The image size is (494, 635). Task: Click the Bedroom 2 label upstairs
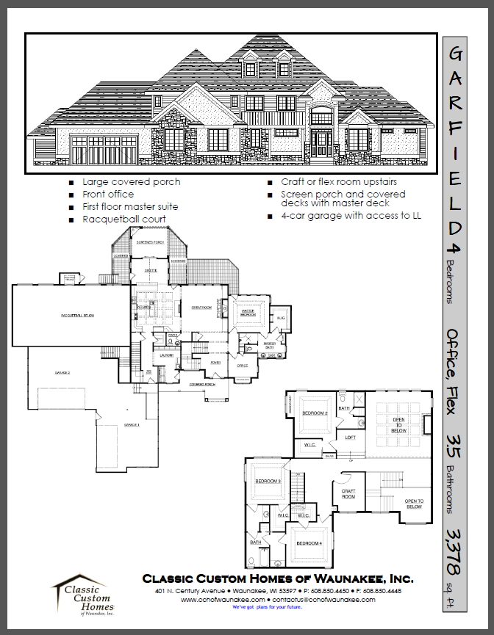click(x=315, y=413)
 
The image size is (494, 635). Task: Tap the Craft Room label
click(x=348, y=494)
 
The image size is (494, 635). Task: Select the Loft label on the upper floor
click(x=351, y=438)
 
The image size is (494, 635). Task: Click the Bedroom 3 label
click(x=269, y=481)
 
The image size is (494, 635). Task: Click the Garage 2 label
click(x=61, y=373)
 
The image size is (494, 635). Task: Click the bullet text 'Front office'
click(x=107, y=195)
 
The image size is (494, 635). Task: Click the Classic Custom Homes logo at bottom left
click(x=81, y=595)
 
